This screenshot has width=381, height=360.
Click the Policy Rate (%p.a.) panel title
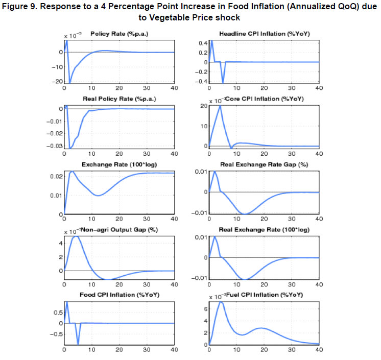coord(118,34)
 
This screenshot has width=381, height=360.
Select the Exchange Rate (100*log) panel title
coord(118,164)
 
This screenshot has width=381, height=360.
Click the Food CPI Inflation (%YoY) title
coord(118,295)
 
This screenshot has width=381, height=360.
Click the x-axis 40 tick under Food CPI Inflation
coord(174,350)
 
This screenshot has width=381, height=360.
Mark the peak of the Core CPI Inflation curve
coord(220,105)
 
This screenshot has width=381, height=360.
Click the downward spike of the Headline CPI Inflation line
coord(223,83)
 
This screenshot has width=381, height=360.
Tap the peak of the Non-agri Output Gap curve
coord(76,236)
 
